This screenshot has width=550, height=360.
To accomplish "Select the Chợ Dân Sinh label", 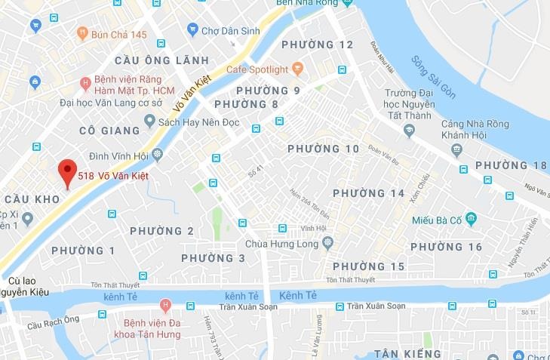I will (223, 31).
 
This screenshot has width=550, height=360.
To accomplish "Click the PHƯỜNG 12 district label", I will (317, 45).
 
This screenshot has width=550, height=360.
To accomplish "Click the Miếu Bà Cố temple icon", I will (471, 220).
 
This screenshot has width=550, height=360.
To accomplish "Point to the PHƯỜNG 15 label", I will (369, 266).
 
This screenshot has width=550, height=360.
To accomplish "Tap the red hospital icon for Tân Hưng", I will (165, 306).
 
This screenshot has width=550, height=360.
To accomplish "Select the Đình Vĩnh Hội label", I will (120, 156).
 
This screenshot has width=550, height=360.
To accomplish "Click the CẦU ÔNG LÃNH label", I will (158, 60).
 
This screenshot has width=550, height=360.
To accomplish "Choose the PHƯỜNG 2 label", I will (161, 231).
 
